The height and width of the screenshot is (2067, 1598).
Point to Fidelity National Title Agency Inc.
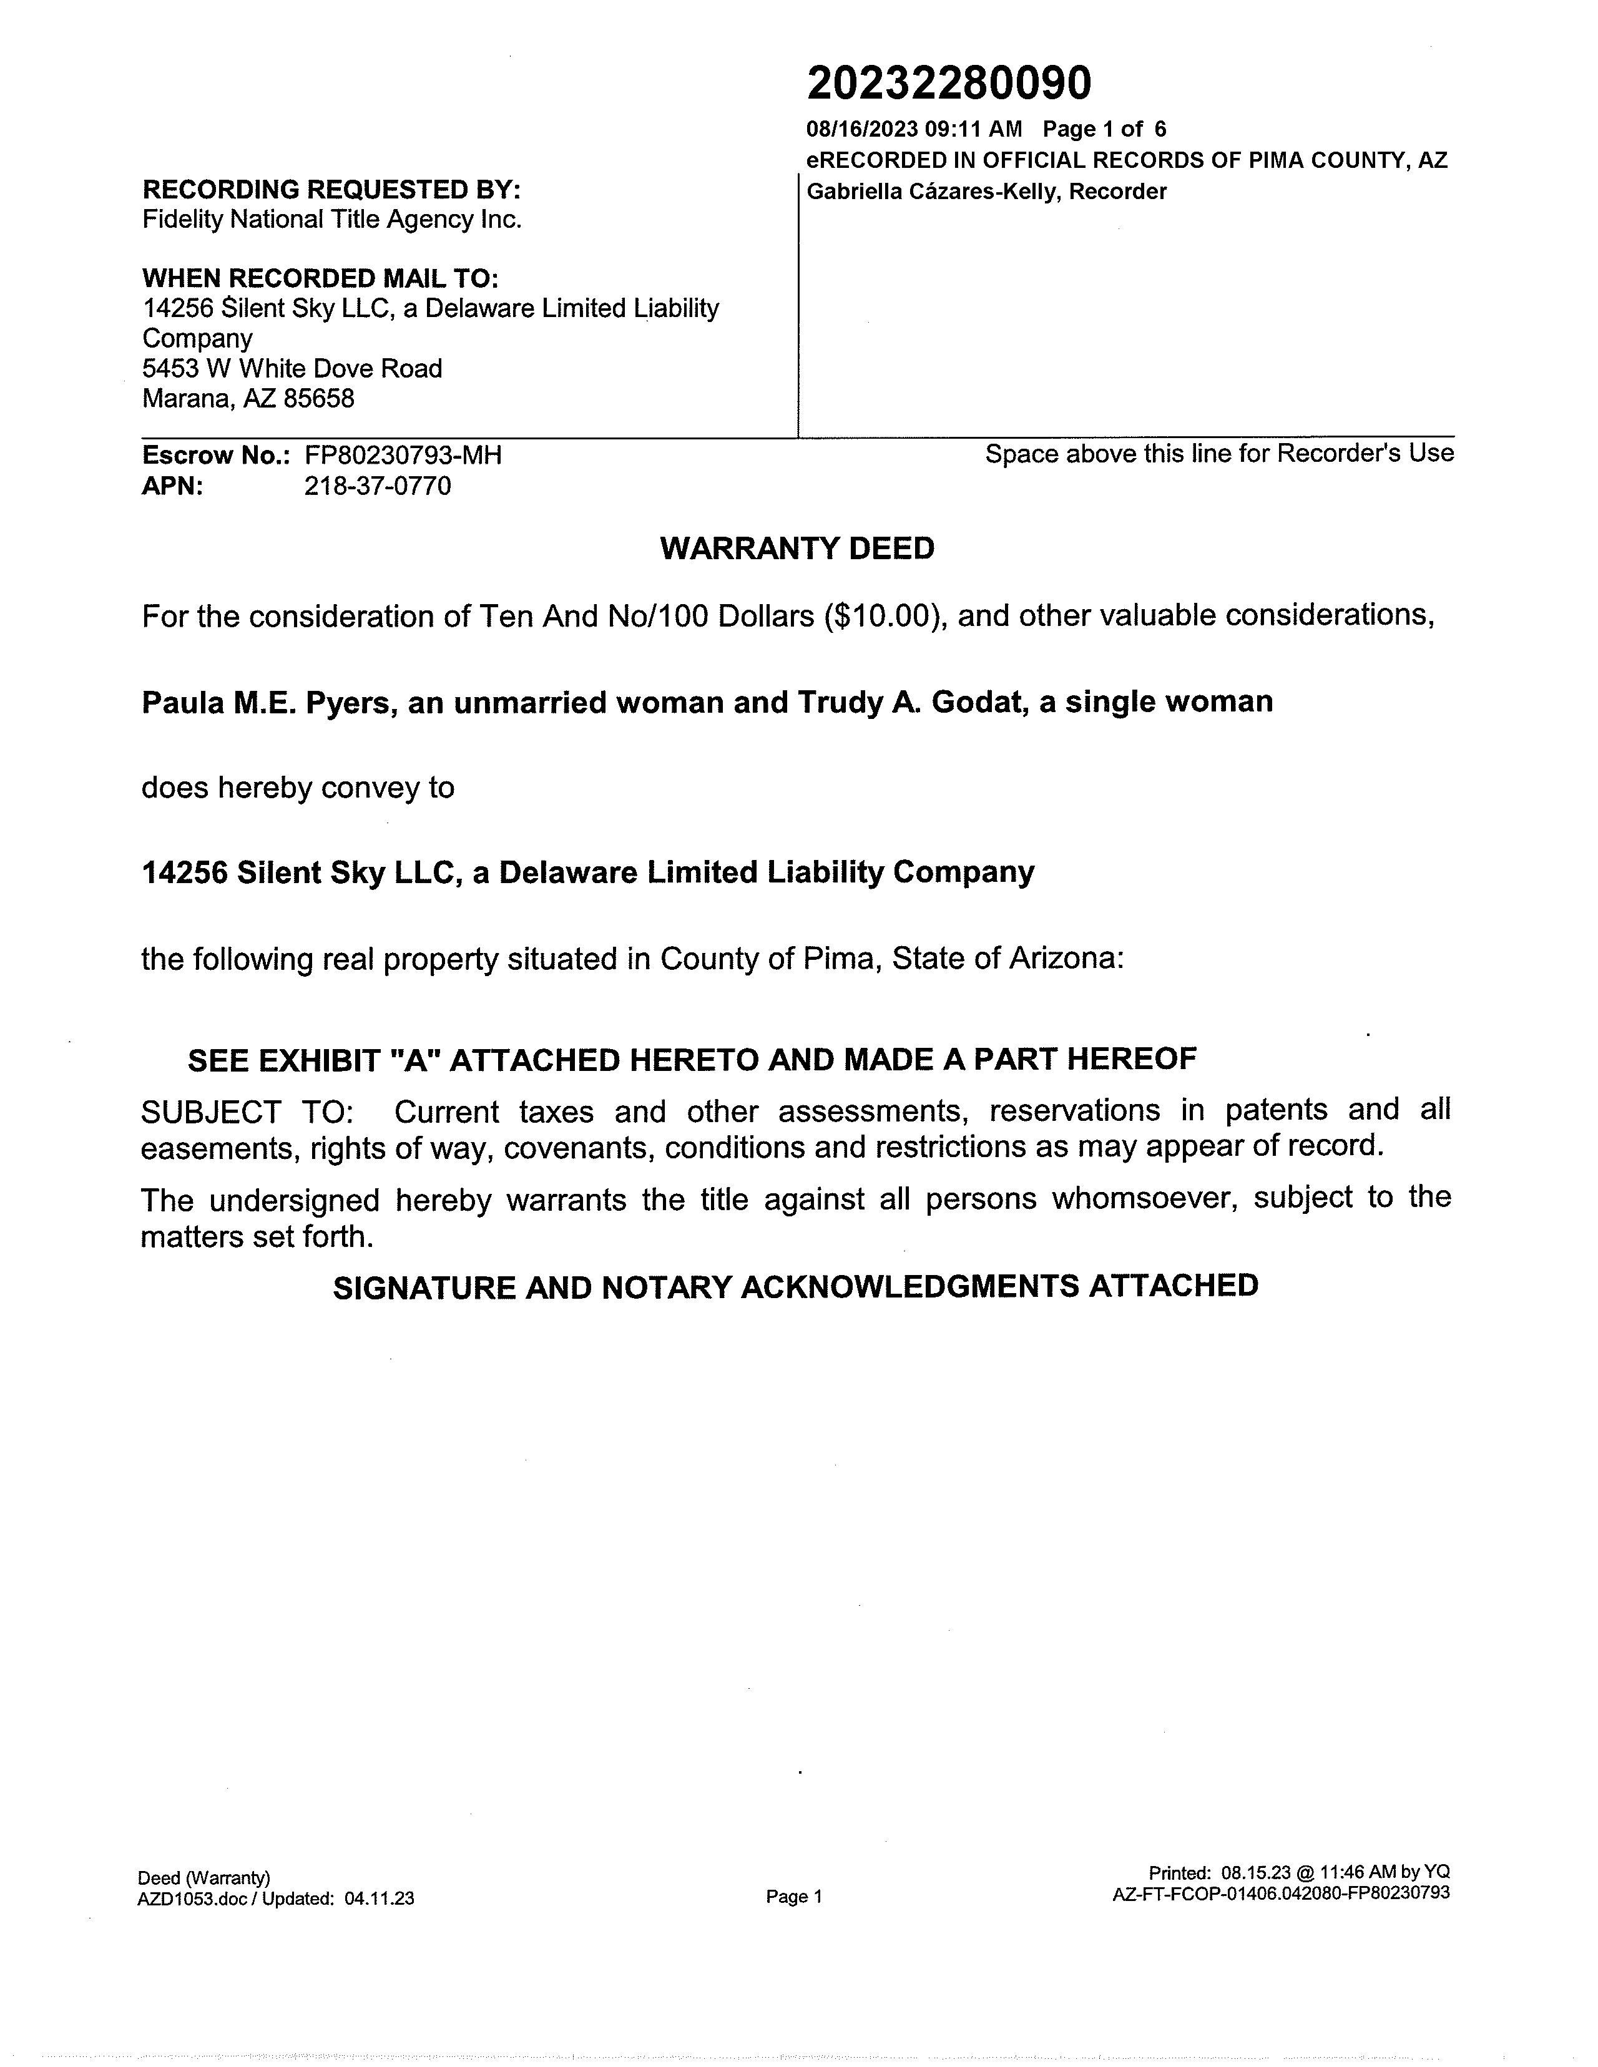coord(331,220)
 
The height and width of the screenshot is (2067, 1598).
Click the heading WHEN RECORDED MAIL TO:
coord(320,278)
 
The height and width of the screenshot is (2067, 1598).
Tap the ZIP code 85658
coord(319,398)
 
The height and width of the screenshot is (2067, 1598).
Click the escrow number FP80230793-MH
coord(403,455)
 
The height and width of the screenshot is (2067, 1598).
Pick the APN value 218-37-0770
coord(378,486)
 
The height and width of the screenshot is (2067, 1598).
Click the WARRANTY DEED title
coord(797,549)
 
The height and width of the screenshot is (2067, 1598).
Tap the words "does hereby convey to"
coord(297,788)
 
